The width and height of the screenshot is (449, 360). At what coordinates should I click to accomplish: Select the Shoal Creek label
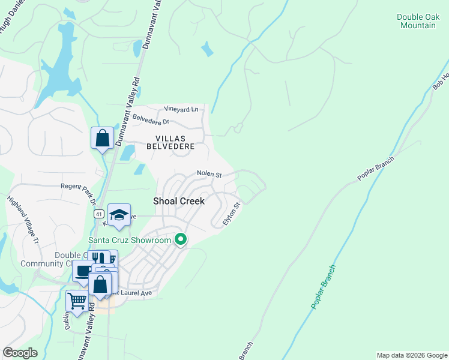tap(179, 201)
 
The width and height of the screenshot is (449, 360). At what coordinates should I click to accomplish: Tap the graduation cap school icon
tap(119, 215)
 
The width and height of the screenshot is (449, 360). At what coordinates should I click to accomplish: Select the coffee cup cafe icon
tap(83, 270)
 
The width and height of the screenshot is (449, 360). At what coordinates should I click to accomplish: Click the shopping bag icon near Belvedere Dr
tap(103, 138)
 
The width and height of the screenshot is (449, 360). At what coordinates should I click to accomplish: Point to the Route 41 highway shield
tap(97, 214)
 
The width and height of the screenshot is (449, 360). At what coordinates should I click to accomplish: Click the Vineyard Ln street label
tap(181, 109)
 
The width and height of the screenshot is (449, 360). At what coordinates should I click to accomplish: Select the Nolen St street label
tap(209, 175)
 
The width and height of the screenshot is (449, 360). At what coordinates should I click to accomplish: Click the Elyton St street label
tap(232, 214)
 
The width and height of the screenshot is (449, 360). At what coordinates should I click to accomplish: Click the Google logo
tap(20, 353)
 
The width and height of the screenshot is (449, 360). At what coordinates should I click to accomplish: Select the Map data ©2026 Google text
tap(411, 355)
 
